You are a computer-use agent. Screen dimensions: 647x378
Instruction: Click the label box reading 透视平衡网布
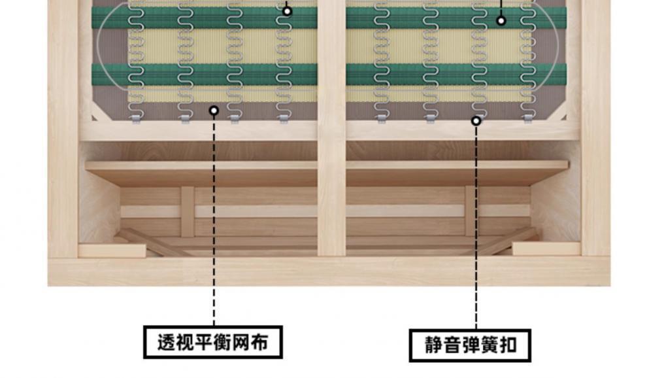[x=213, y=342]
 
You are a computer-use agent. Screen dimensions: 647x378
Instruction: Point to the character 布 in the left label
[x=260, y=342]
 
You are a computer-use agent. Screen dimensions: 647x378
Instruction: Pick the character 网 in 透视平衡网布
[x=241, y=342]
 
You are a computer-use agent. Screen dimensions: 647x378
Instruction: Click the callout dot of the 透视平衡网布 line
[x=214, y=111]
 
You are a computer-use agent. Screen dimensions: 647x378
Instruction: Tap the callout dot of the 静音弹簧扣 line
[x=476, y=120]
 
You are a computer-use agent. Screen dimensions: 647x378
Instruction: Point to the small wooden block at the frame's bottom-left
[x=112, y=250]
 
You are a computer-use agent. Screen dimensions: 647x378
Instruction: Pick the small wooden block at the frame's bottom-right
[x=546, y=249]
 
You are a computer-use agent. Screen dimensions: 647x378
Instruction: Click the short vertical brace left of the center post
[x=188, y=211]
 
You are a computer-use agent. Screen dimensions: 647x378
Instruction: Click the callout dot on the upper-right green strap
[x=501, y=21]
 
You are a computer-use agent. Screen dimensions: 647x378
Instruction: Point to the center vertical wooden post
[x=331, y=131]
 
